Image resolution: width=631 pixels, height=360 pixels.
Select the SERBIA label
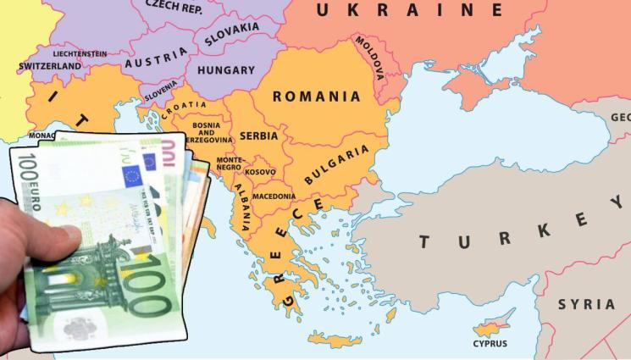point(258,136)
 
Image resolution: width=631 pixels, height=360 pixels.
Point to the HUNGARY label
point(226,71)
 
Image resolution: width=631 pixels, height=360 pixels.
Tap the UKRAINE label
point(409,10)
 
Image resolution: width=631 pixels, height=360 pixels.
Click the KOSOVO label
point(260,173)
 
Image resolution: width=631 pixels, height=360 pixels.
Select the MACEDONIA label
point(274,197)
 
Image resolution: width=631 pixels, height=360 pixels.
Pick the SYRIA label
point(586,304)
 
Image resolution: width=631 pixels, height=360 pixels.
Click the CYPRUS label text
point(490,344)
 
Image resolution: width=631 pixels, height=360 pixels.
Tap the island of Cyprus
point(488,327)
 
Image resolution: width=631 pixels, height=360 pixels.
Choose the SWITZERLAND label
point(50,66)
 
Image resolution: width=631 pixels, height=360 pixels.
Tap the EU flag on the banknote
point(130,176)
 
